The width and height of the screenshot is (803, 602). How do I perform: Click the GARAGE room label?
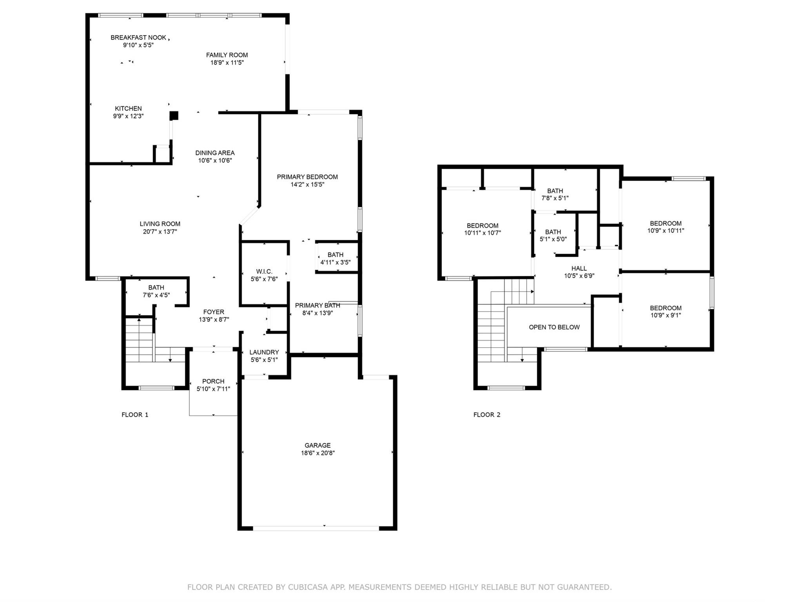(318, 445)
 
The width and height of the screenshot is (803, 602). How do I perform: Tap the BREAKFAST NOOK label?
(138, 38)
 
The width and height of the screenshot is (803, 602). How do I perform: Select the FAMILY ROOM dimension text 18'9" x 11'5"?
(227, 63)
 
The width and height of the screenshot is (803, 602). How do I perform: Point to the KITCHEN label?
(128, 109)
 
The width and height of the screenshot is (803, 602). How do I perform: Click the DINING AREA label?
(215, 153)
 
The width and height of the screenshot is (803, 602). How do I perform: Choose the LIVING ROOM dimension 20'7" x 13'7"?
(160, 232)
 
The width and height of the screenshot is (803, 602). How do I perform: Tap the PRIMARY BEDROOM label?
(307, 177)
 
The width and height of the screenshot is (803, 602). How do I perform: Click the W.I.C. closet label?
(264, 272)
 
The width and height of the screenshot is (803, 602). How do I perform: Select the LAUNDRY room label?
(264, 352)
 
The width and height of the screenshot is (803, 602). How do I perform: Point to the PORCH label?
(213, 381)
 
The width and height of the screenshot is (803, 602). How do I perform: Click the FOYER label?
(214, 312)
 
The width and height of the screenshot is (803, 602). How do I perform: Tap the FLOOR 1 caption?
(135, 415)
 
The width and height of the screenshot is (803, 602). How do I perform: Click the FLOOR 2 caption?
(487, 415)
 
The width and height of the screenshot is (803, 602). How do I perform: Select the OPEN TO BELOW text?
(554, 327)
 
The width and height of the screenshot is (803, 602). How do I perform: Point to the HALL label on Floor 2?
(579, 268)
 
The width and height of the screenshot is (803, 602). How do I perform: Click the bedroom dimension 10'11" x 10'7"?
(483, 233)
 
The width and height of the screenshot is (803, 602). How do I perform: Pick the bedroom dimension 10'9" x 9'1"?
(666, 316)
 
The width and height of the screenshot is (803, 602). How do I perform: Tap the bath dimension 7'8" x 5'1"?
(555, 198)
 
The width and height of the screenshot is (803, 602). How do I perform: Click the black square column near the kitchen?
(174, 116)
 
